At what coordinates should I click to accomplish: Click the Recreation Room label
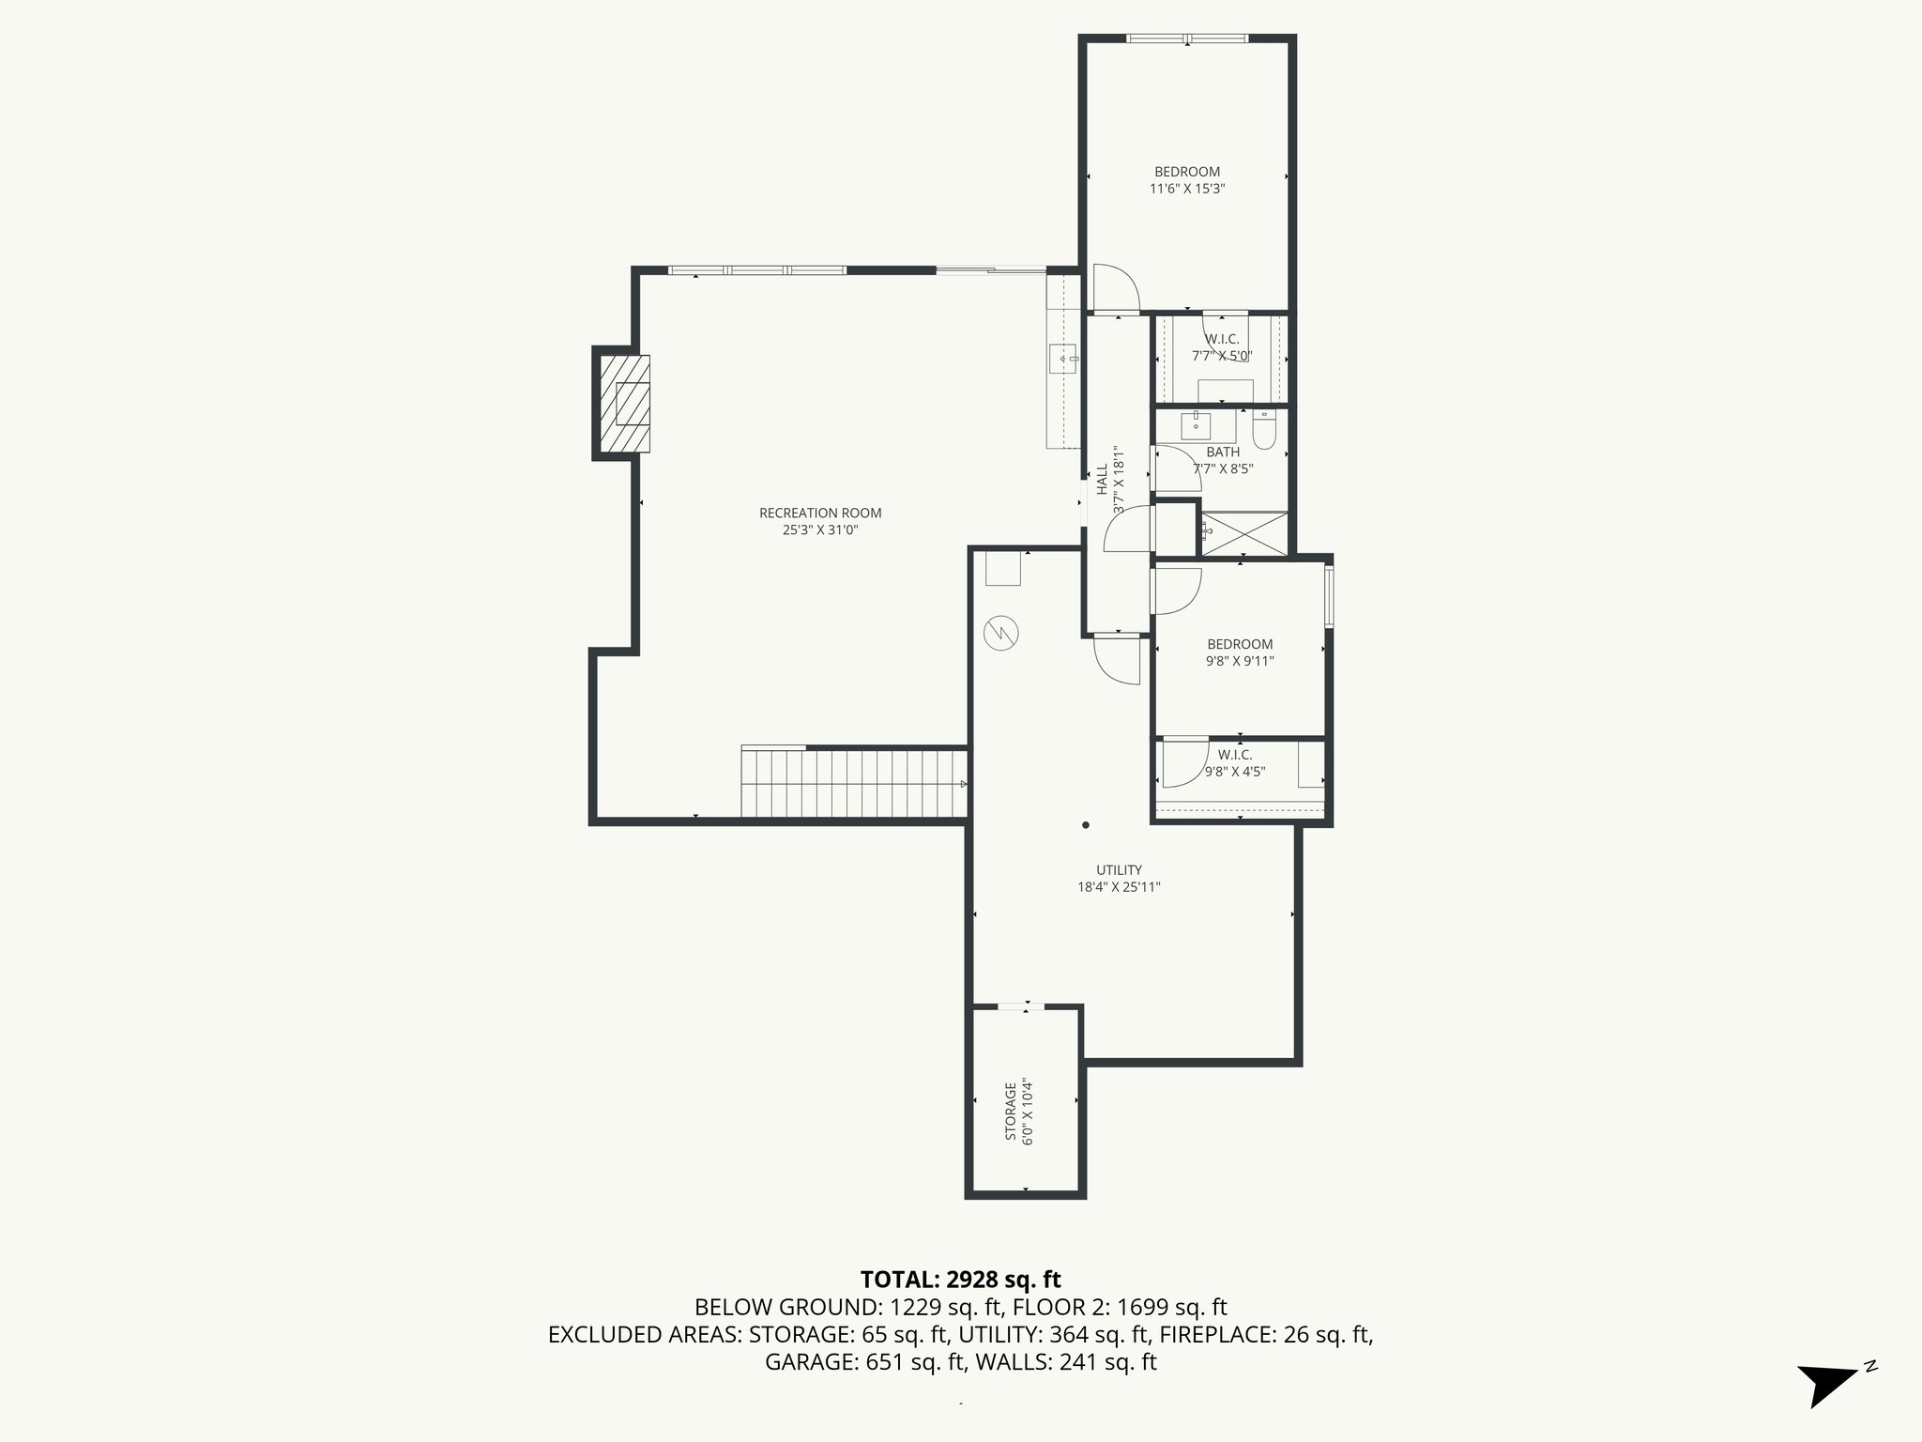(x=820, y=513)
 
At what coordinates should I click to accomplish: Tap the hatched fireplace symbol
(x=624, y=404)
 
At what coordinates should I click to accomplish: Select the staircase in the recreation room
(x=854, y=782)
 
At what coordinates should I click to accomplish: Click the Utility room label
(x=1119, y=870)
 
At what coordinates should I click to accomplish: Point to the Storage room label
(x=1011, y=1112)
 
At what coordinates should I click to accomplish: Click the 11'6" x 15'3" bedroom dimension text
(x=1187, y=189)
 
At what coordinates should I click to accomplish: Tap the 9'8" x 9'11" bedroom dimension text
(x=1240, y=661)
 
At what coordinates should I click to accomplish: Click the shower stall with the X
(x=1244, y=533)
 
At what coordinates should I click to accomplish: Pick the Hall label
(x=1102, y=480)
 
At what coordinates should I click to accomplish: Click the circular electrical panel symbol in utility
(x=999, y=633)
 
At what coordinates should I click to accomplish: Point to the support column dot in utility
(x=1086, y=825)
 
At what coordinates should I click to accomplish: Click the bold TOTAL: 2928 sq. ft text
(x=960, y=1279)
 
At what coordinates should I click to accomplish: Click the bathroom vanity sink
(x=1196, y=425)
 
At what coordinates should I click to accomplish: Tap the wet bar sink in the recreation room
(x=1063, y=359)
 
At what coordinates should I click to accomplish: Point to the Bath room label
(x=1223, y=453)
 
